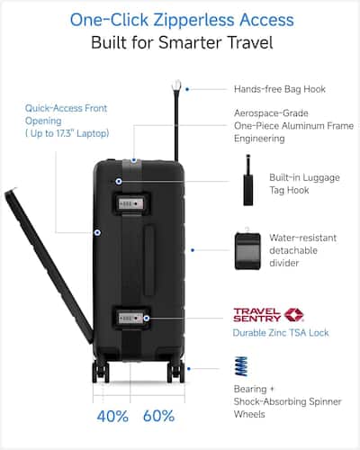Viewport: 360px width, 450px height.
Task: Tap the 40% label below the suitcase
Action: click(x=112, y=416)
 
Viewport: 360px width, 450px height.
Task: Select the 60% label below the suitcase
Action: click(x=158, y=416)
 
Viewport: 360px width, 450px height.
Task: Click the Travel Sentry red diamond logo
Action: click(x=293, y=315)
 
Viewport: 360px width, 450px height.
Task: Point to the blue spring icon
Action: click(x=241, y=366)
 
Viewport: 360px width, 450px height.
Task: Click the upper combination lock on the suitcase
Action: click(x=131, y=203)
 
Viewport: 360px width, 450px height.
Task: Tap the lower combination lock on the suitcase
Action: click(x=131, y=318)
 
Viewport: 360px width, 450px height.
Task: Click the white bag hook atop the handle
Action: click(x=176, y=85)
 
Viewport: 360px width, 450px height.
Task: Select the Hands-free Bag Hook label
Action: click(x=280, y=89)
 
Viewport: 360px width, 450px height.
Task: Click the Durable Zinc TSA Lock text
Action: click(x=281, y=333)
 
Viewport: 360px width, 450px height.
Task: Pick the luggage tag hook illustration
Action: click(x=248, y=180)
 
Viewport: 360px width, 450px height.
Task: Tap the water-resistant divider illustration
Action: click(x=247, y=249)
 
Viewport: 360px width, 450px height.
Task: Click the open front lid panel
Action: click(x=49, y=266)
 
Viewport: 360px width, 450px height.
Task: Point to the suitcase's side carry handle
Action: click(x=148, y=260)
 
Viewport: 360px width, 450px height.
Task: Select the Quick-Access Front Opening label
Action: click(x=67, y=121)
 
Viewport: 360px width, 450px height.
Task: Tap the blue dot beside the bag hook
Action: click(x=187, y=89)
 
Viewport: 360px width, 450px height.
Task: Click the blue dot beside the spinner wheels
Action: click(x=189, y=369)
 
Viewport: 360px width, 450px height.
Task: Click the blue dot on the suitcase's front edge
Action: click(x=97, y=232)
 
